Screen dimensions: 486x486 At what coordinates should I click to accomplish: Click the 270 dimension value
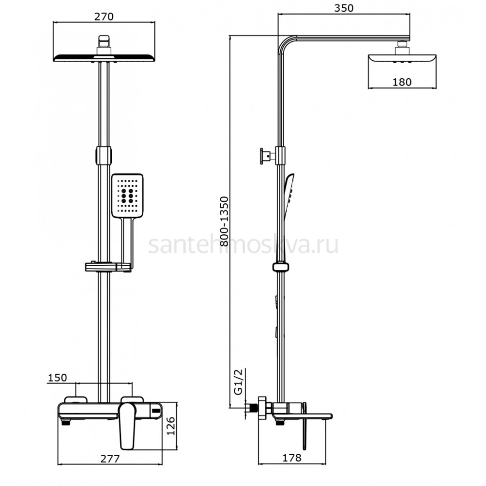point(104,17)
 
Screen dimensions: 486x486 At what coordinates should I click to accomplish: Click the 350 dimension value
point(344,8)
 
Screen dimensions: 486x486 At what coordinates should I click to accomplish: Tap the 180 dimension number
point(402,82)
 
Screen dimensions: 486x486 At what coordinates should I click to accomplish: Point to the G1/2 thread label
point(238,382)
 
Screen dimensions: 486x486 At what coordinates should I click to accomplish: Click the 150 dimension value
point(58,377)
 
